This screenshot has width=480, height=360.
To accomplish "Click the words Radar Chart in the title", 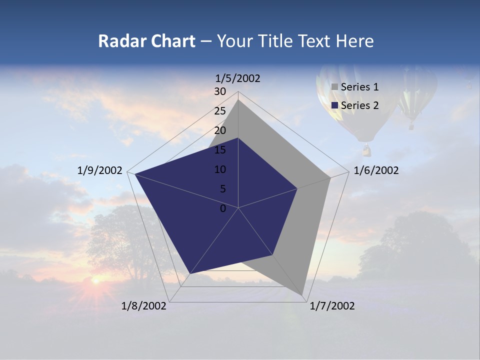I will (x=146, y=41).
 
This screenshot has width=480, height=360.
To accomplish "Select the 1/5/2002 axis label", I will (x=237, y=78).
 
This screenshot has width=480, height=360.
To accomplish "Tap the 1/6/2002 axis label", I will (x=376, y=170).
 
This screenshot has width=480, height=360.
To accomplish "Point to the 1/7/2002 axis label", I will (x=332, y=306).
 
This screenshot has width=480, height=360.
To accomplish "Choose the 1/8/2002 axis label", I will (x=144, y=306).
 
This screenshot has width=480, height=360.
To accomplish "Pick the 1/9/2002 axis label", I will (x=100, y=170).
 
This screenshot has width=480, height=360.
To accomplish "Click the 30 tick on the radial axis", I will (x=220, y=91).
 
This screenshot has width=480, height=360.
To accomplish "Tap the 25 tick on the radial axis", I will (x=220, y=111).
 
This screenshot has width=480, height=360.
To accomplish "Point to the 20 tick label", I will (x=220, y=130).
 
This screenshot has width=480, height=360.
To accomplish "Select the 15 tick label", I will (x=220, y=150).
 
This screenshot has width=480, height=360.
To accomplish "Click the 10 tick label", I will (x=220, y=169).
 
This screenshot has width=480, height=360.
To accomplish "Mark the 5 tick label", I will (x=222, y=189).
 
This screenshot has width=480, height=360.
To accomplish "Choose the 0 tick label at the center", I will (x=223, y=208).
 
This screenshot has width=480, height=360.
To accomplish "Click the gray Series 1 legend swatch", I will (x=335, y=87).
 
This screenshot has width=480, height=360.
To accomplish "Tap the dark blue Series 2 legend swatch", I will (x=335, y=105).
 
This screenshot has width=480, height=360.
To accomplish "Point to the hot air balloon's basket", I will (x=366, y=149).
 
